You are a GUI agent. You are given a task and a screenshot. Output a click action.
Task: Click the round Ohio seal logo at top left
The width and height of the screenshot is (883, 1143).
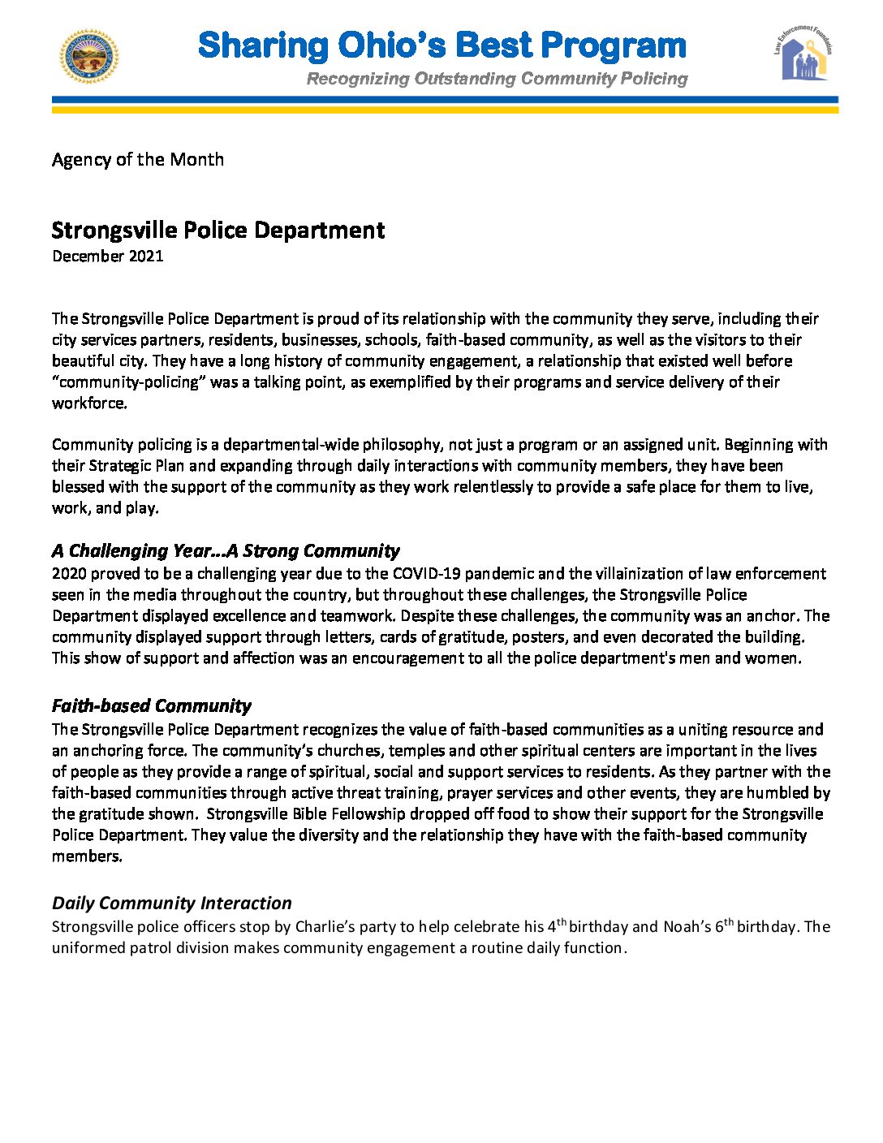coord(89,57)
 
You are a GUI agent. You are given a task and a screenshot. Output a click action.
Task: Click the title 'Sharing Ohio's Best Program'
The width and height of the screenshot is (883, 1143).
coord(442,45)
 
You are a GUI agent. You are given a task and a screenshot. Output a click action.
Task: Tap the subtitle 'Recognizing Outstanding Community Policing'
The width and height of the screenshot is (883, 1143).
coord(497,79)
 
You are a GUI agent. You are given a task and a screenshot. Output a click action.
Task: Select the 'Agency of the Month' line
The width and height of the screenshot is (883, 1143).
coord(138,159)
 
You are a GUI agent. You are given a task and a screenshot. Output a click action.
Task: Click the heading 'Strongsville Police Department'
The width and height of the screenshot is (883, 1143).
coord(218,231)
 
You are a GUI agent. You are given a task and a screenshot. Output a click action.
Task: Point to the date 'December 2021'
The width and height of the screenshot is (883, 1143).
coord(108,257)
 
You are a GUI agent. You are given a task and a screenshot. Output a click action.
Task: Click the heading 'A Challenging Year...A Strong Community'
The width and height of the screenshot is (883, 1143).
coord(226,551)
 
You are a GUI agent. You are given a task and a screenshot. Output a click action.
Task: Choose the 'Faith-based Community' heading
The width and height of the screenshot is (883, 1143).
coord(152,705)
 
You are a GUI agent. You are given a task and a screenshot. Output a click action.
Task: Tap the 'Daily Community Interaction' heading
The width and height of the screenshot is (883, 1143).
coord(172,904)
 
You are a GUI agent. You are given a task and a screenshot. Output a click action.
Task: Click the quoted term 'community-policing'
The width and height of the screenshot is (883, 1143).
coord(128,382)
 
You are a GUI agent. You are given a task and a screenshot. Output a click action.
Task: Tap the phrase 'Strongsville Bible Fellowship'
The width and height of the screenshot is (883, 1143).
coord(306,814)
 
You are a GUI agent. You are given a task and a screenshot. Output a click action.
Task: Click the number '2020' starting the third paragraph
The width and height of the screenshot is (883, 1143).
coord(69,574)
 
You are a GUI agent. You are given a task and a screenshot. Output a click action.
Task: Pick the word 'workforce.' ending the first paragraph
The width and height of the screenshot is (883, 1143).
coord(89,403)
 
